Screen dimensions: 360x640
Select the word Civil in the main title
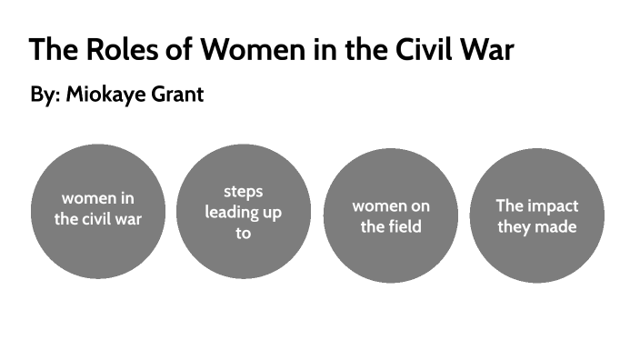437,49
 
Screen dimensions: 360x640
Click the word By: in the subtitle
45,95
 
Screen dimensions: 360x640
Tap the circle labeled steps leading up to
243,212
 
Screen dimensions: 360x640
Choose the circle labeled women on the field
391,215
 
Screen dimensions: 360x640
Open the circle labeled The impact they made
536,215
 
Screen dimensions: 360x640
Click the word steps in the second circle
243,192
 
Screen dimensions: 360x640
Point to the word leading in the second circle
231,213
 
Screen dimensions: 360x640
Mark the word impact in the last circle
551,205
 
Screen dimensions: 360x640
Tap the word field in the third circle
405,226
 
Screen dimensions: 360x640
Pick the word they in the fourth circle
515,226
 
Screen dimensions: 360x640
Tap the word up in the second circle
272,213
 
